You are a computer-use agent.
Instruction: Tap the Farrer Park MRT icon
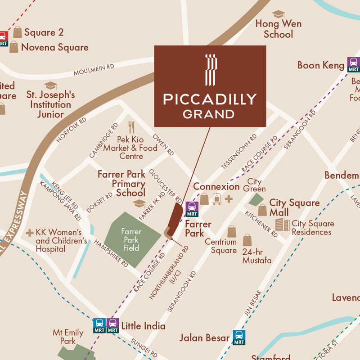tap(192, 209)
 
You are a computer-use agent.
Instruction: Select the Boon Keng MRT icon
tap(353, 64)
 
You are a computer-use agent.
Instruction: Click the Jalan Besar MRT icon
tap(239, 337)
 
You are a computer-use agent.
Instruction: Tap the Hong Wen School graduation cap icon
tap(279, 14)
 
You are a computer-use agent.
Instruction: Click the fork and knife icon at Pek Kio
tap(131, 127)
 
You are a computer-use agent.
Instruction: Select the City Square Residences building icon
tap(282, 225)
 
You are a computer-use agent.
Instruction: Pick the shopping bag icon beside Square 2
tap(18, 32)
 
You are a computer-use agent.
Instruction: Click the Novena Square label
tap(55, 47)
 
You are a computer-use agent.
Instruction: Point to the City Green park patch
tap(257, 199)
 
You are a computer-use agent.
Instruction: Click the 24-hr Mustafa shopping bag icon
tap(247, 240)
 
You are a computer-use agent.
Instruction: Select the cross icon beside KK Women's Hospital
tap(30, 233)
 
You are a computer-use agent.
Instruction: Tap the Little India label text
tap(143, 326)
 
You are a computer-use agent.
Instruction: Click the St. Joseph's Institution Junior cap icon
tap(50, 85)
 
